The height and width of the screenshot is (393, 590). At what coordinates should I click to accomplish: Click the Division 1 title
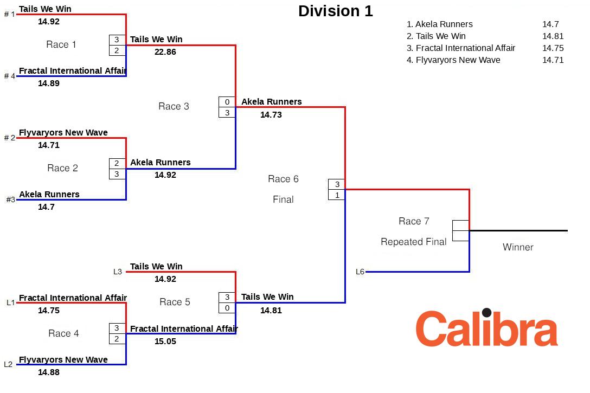coord(335,11)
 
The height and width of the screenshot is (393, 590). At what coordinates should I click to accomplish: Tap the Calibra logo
coord(486,328)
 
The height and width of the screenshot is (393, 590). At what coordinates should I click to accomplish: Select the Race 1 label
coord(61,44)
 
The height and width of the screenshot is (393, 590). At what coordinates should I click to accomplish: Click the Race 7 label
coord(414,221)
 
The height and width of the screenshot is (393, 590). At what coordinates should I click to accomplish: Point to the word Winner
coord(518,247)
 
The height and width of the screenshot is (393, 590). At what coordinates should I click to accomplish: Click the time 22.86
coord(165,52)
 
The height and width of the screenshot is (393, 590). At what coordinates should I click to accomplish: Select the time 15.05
coord(165,342)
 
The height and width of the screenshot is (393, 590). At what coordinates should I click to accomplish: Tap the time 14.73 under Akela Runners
coord(271,115)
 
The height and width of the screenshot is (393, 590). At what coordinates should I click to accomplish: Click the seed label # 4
coord(10,76)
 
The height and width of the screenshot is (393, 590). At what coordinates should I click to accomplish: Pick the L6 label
coord(360,272)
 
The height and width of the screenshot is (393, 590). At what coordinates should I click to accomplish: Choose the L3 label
coord(118,272)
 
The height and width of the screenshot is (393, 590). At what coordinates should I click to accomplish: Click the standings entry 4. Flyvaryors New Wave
coord(453,60)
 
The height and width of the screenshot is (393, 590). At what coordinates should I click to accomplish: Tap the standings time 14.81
coord(553,36)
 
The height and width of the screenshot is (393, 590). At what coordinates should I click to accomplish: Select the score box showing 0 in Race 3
coord(227,102)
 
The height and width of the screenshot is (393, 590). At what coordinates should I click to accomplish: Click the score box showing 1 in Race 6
coord(337,195)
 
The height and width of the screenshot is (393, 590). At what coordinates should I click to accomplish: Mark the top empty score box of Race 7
coord(460,226)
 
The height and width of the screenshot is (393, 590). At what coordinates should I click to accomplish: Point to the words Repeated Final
coord(414,242)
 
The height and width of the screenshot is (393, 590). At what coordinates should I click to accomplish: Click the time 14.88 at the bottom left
coord(49,372)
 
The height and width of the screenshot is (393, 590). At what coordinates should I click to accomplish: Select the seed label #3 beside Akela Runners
coord(11,199)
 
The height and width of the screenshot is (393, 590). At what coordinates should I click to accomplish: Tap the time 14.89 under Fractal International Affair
coord(49,83)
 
